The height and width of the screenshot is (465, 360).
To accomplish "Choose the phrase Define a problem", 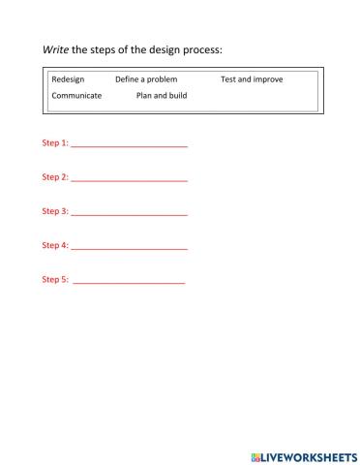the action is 146,79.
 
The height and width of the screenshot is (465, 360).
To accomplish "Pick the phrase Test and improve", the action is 252,79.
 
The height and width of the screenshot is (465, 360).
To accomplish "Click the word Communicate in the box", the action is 76,96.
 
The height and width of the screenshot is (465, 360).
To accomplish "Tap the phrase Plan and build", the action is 162,96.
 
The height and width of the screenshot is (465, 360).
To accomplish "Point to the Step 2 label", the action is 55,177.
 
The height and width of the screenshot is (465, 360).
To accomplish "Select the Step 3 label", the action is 55,211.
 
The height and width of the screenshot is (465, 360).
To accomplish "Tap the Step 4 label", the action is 55,245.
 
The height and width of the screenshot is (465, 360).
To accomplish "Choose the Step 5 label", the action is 55,279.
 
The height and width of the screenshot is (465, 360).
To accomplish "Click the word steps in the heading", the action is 105,49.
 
